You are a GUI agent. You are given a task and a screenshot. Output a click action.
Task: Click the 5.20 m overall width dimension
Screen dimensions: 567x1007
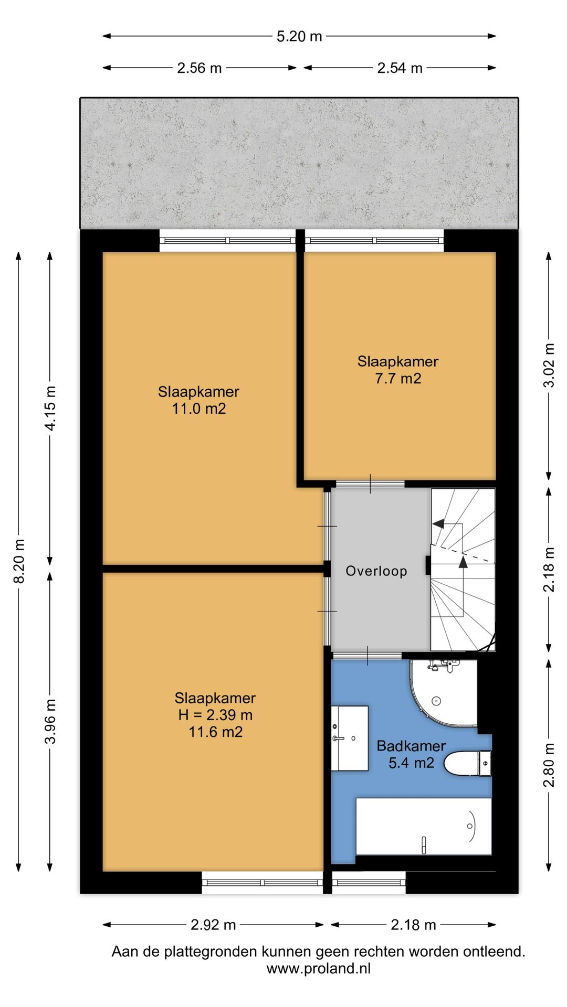[299, 36]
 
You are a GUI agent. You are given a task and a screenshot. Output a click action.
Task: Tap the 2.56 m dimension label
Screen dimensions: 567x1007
[199, 68]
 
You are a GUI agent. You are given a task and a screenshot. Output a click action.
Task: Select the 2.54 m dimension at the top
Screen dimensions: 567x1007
[400, 68]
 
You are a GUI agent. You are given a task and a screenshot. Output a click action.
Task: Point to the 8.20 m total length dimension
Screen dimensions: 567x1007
[19, 561]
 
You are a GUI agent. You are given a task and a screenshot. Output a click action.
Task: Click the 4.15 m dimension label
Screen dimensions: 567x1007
[50, 408]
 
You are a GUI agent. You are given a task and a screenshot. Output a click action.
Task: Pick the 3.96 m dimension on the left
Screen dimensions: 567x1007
[50, 721]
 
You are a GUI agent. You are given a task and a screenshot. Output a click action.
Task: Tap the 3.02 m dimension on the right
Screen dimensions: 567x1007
[549, 365]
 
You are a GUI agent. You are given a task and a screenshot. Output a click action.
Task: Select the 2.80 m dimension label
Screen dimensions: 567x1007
[549, 765]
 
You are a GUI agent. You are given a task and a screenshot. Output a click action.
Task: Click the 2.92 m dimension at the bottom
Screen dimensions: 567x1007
[213, 925]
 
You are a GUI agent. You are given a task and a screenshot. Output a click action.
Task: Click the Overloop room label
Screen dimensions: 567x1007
[376, 571]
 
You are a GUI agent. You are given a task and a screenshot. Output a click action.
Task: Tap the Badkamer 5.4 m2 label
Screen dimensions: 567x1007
[411, 754]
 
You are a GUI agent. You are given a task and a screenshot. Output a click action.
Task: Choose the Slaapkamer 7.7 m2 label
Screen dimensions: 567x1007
[398, 370]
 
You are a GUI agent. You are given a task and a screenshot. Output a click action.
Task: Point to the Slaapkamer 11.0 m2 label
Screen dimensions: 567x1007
[199, 400]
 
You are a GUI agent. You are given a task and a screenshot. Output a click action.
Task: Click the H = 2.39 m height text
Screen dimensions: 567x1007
[215, 715]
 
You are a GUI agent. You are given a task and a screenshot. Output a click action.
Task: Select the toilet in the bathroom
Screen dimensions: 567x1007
[468, 763]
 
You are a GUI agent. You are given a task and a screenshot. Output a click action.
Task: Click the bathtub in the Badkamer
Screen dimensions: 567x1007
[424, 827]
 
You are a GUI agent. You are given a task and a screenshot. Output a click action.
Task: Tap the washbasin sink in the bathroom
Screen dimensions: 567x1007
[350, 738]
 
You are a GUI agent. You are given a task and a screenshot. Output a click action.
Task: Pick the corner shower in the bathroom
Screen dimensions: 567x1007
[444, 693]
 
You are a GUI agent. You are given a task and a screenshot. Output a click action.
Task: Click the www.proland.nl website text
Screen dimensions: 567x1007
[319, 968]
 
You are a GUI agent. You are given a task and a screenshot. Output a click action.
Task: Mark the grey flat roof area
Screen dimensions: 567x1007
[299, 163]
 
